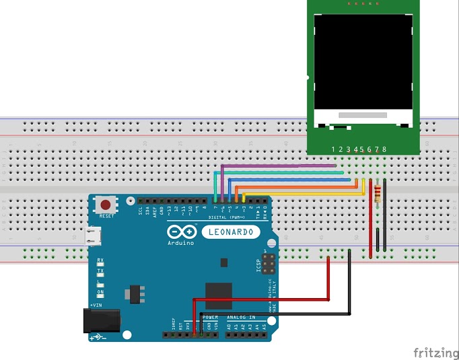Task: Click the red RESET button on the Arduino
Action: (105, 204)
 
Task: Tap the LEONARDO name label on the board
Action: (230, 232)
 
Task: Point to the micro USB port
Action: (93, 236)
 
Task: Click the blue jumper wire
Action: (289, 180)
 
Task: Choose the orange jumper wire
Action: (296, 186)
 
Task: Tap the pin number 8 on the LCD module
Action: (384, 149)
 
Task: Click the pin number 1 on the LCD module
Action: (334, 149)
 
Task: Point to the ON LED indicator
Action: (100, 292)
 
